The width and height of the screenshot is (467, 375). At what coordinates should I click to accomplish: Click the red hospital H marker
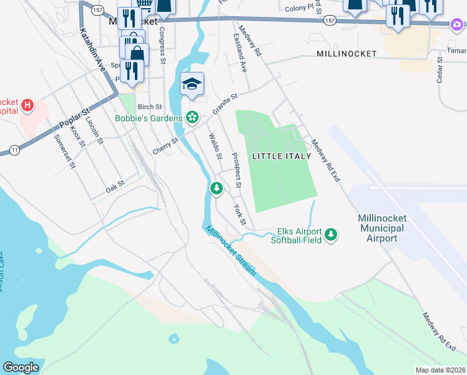point(27,106)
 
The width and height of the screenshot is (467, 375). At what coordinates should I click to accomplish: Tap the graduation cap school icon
point(192,84)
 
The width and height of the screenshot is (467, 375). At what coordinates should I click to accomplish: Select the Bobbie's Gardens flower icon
point(192,117)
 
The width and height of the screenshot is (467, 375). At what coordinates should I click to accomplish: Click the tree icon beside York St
point(216,187)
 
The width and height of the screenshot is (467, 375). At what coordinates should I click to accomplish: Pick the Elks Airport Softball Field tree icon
point(332,235)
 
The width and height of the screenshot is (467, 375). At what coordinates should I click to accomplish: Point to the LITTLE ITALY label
point(280,156)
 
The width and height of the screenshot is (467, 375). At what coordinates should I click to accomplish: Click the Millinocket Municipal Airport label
point(381,228)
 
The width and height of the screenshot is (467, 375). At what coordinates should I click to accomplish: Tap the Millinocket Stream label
point(232,250)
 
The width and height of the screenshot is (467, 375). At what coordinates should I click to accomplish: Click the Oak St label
point(115,186)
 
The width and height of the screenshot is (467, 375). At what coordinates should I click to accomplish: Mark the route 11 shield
point(14,149)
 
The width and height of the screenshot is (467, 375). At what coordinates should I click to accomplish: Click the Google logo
point(21,367)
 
